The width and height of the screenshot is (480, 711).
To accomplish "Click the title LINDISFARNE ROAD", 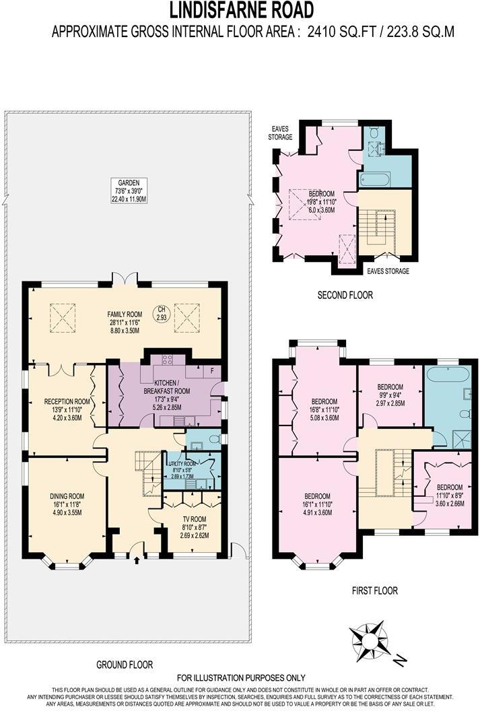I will tap(240, 10).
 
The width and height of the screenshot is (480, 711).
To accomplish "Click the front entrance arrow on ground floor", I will tap(138, 558).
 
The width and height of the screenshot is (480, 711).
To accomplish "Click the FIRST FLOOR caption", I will tap(374, 590).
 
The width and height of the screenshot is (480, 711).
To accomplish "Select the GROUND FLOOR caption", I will tap(125, 665).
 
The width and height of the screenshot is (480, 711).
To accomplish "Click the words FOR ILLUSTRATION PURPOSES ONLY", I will tap(240, 678).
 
